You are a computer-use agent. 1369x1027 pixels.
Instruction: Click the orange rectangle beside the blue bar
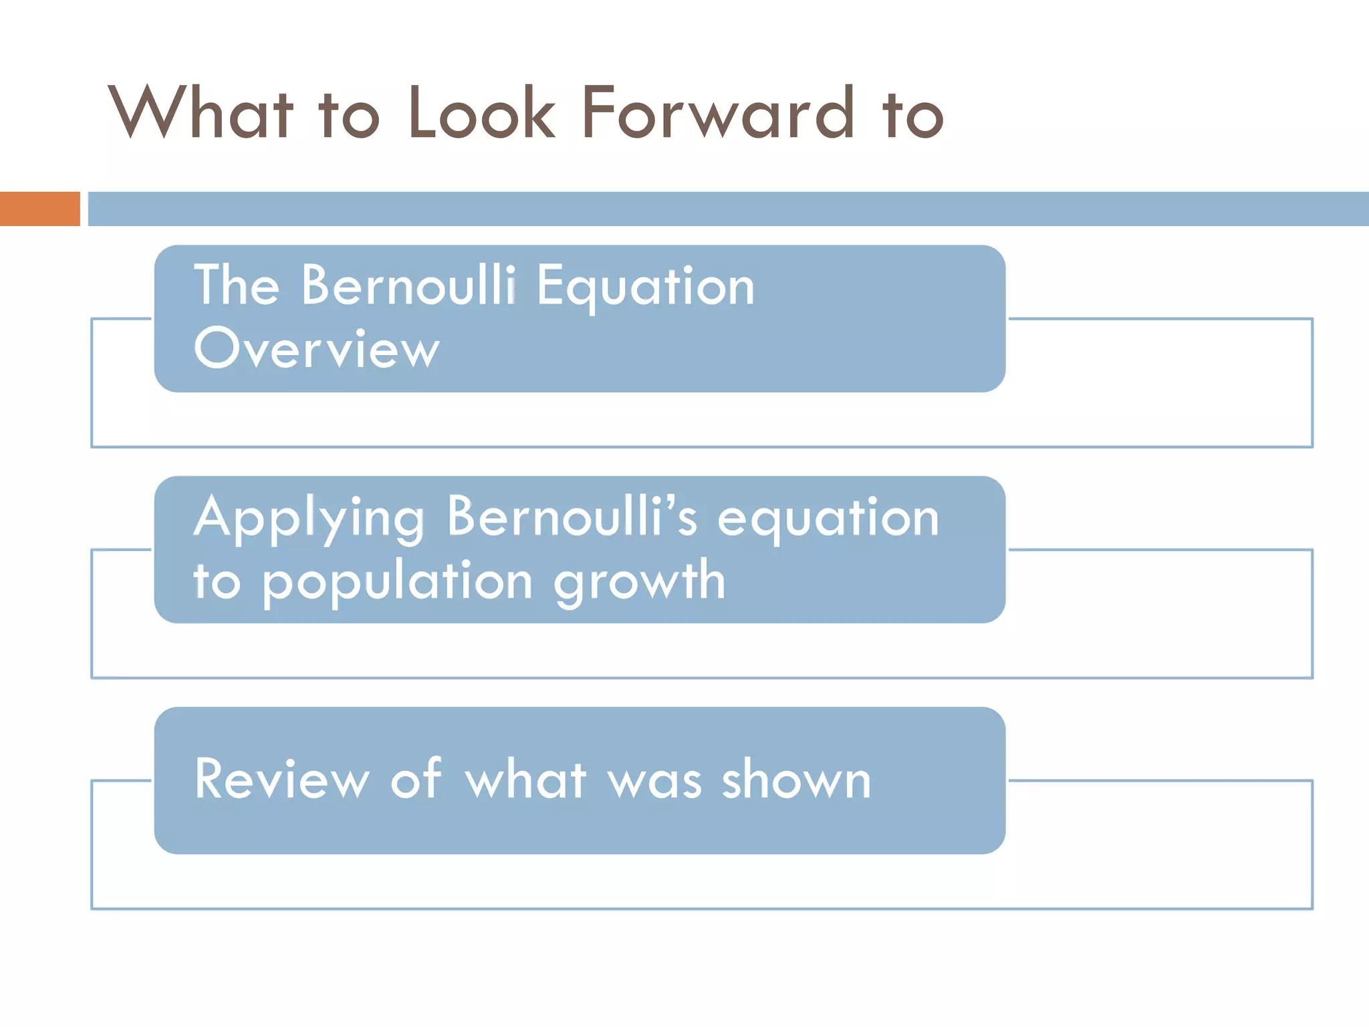coord(39,209)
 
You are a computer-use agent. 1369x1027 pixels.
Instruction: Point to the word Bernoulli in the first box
coord(408,286)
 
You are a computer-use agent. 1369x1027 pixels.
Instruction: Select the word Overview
coord(317,348)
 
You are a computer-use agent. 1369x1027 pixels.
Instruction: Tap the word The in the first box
coord(237,286)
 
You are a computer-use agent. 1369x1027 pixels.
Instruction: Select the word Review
coord(281,779)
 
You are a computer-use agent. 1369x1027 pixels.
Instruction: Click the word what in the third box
coord(526,779)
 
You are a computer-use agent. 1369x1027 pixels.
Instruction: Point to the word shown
coord(796,779)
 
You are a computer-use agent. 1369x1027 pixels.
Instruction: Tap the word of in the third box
coord(416,779)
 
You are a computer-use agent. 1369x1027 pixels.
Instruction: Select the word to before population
coord(217,580)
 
